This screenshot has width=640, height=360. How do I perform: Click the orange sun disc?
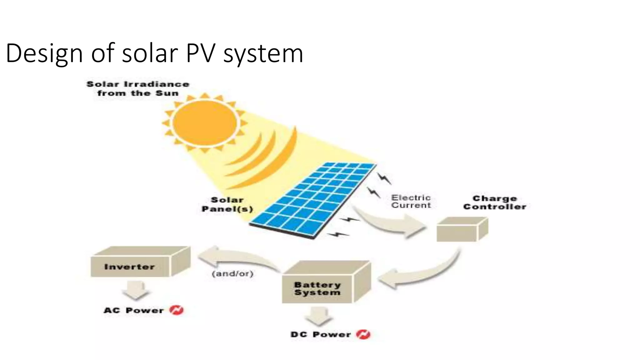pyautogui.click(x=205, y=123)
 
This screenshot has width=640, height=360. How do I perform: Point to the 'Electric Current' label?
pyautogui.click(x=411, y=202)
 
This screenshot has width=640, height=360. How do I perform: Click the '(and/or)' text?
pyautogui.click(x=232, y=274)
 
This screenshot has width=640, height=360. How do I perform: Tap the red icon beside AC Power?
pyautogui.click(x=176, y=310)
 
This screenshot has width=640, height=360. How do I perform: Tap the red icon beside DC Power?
pyautogui.click(x=363, y=334)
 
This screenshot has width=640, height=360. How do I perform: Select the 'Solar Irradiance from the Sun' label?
pyautogui.click(x=138, y=89)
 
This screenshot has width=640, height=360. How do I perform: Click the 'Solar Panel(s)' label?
pyautogui.click(x=227, y=204)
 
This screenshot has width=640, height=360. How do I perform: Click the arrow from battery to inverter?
pyautogui.click(x=237, y=258)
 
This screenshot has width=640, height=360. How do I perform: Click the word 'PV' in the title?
pyautogui.click(x=201, y=53)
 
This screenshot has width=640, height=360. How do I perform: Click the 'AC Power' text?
pyautogui.click(x=133, y=310)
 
